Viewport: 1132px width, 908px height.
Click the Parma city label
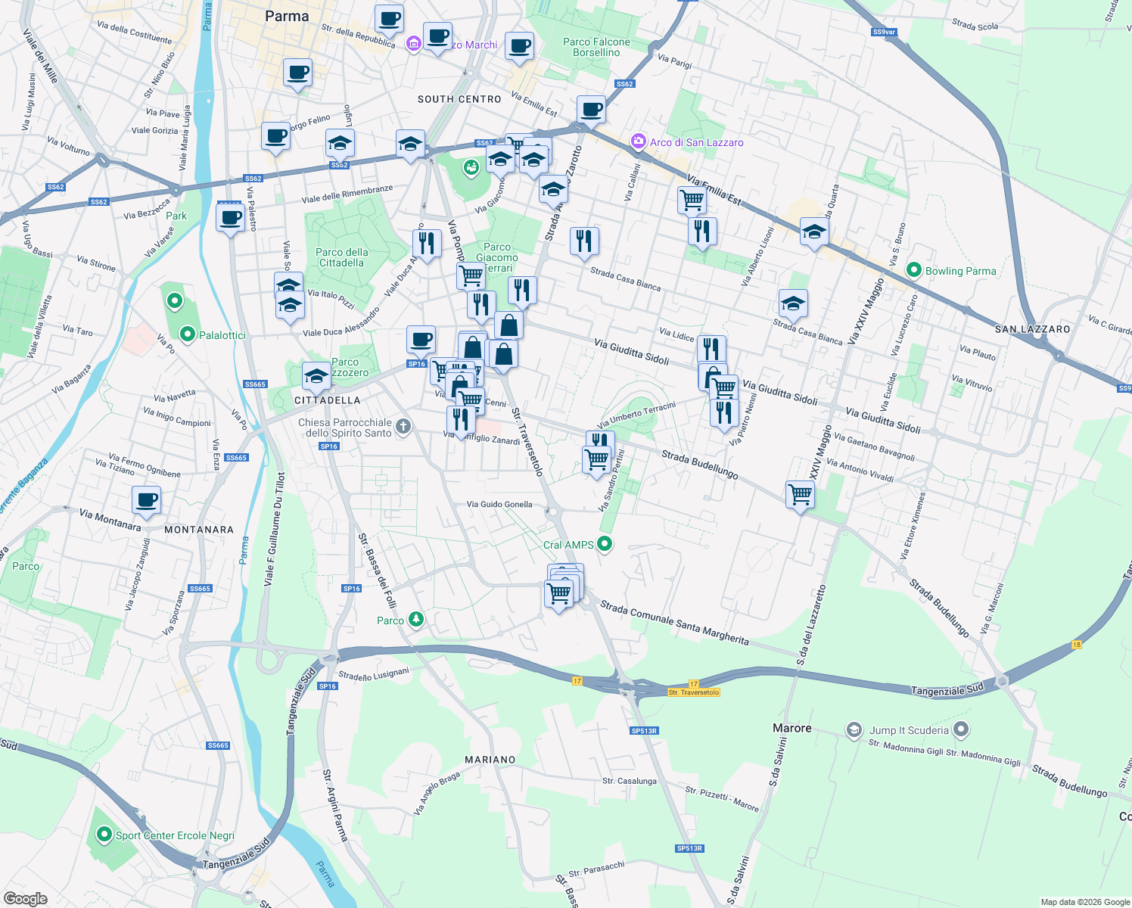pyautogui.click(x=287, y=16)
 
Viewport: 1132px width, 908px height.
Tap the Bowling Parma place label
pyautogui.click(x=960, y=271)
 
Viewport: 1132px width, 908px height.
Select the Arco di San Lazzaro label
pyautogui.click(x=696, y=142)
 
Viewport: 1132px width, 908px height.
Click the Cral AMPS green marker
pyautogui.click(x=605, y=543)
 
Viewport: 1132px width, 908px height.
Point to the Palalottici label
pyautogui.click(x=222, y=335)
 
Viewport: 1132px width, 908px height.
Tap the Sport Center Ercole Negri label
pyautogui.click(x=174, y=835)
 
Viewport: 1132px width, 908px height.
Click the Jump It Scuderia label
pyautogui.click(x=908, y=730)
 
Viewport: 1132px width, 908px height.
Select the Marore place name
pyautogui.click(x=791, y=728)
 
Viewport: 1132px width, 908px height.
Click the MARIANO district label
pyautogui.click(x=490, y=760)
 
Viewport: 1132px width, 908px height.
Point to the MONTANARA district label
pyautogui.click(x=199, y=530)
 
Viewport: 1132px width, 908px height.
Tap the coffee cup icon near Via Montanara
pyautogui.click(x=147, y=500)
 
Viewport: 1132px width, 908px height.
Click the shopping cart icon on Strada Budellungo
pyautogui.click(x=800, y=495)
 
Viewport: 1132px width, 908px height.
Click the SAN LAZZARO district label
pyautogui.click(x=1032, y=329)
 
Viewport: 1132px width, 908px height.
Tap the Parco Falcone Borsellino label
pyautogui.click(x=596, y=47)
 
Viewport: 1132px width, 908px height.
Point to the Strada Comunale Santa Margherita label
pyautogui.click(x=675, y=623)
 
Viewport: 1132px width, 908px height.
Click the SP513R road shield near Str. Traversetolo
pyautogui.click(x=644, y=731)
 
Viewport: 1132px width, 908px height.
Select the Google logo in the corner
pyautogui.click(x=25, y=898)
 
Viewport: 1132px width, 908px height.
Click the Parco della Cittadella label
pyautogui.click(x=342, y=257)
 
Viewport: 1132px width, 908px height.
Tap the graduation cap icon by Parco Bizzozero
pyautogui.click(x=316, y=375)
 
